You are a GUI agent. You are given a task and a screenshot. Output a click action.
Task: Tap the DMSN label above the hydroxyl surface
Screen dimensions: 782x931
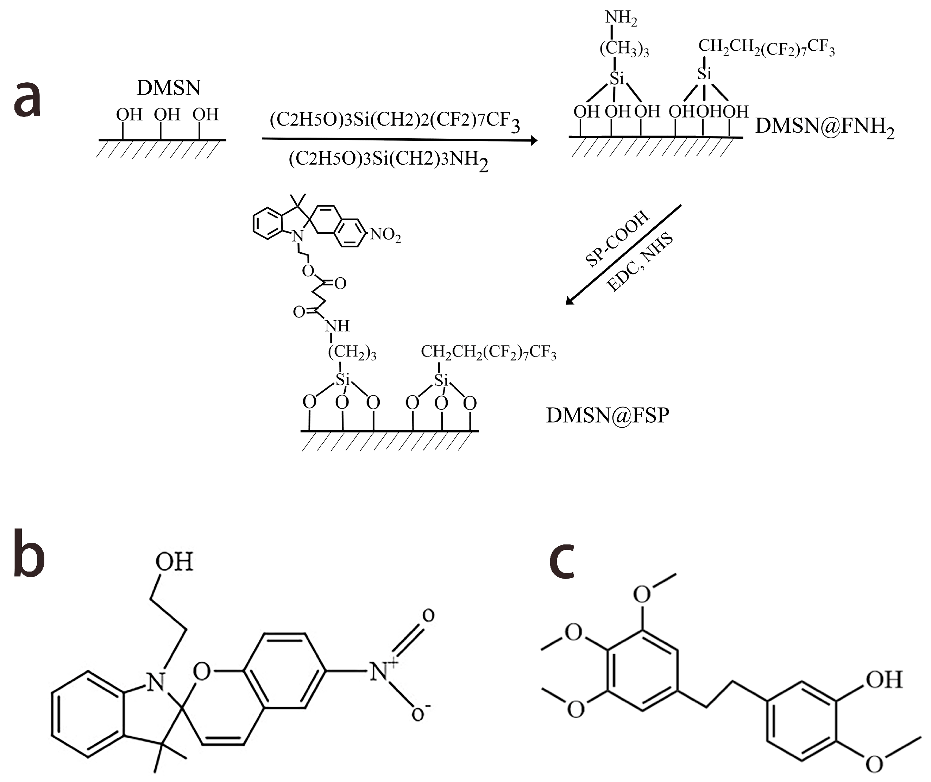coord(169,88)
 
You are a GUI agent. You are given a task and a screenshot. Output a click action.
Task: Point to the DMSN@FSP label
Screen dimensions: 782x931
coord(608,415)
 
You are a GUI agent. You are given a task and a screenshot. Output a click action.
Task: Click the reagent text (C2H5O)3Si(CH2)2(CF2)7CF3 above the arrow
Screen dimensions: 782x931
coord(395,121)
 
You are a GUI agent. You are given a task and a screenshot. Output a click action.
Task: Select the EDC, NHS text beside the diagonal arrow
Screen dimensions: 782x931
coord(639,263)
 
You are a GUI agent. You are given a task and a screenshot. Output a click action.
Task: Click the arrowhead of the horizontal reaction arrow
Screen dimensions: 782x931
coord(534,140)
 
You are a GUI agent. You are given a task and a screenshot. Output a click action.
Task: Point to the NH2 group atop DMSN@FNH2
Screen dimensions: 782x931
coord(621,18)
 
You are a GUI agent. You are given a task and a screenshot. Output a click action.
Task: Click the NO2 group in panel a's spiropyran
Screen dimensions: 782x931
coord(385,234)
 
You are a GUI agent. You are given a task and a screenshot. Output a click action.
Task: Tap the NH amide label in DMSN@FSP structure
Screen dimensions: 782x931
coord(337,326)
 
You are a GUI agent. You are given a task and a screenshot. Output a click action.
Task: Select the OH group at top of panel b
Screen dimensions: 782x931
coord(174,562)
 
